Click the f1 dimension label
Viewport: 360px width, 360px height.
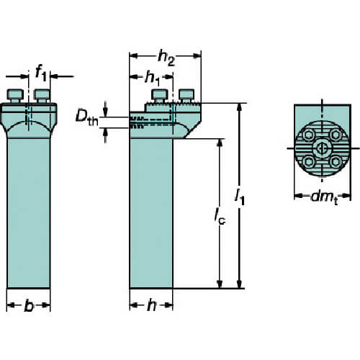(40, 73)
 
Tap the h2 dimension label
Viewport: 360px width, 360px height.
(166, 58)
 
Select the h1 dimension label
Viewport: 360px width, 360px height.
(153, 78)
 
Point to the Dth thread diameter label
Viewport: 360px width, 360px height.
(87, 117)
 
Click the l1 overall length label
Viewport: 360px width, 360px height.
(240, 197)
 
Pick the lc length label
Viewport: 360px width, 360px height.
(220, 216)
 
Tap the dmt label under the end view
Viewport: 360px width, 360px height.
(325, 198)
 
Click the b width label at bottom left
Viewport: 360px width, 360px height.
(29, 306)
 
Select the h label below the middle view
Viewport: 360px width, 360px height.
(151, 305)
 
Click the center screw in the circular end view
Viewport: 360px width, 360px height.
(322, 148)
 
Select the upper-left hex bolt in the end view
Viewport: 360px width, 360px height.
(308, 135)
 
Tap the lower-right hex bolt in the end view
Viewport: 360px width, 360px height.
(336, 162)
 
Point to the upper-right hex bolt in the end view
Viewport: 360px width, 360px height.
(336, 135)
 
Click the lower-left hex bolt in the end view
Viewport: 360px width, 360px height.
(308, 162)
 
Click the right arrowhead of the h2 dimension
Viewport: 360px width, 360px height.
(197, 56)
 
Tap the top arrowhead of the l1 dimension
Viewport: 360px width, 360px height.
(239, 107)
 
